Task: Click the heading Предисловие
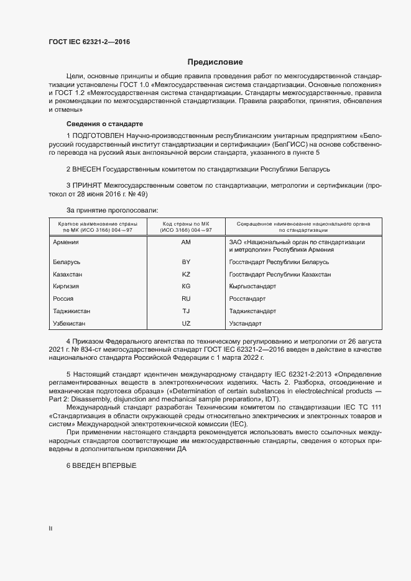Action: (x=215, y=62)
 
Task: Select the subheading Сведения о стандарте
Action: (x=104, y=124)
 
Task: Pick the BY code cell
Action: (x=186, y=262)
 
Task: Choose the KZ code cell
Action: (x=186, y=274)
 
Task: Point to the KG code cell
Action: (x=186, y=286)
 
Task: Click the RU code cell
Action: (x=186, y=299)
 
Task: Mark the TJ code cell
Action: (x=186, y=311)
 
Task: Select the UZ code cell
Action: (x=186, y=323)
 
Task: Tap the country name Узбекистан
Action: (x=70, y=323)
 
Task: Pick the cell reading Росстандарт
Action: (x=249, y=299)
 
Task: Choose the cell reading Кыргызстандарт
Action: (x=252, y=286)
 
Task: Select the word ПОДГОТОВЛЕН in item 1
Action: (x=98, y=135)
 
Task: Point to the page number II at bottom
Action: (x=50, y=528)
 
